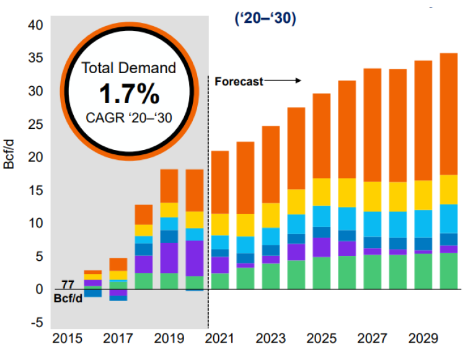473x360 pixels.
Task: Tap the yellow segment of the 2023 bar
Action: (270, 215)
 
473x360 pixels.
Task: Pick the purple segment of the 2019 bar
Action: (169, 258)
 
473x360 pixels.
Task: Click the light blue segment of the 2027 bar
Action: (372, 224)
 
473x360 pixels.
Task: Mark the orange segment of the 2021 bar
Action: (220, 182)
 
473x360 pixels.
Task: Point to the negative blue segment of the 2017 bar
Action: (118, 297)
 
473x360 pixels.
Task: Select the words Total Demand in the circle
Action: (129, 68)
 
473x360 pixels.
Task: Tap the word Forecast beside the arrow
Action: (239, 81)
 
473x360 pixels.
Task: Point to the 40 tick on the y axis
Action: (35, 25)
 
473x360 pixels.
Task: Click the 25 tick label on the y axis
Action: (35, 125)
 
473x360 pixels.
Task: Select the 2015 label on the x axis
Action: (67, 339)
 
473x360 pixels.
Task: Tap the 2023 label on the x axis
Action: (270, 339)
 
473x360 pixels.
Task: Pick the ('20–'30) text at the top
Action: (265, 19)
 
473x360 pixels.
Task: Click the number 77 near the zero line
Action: (68, 284)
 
